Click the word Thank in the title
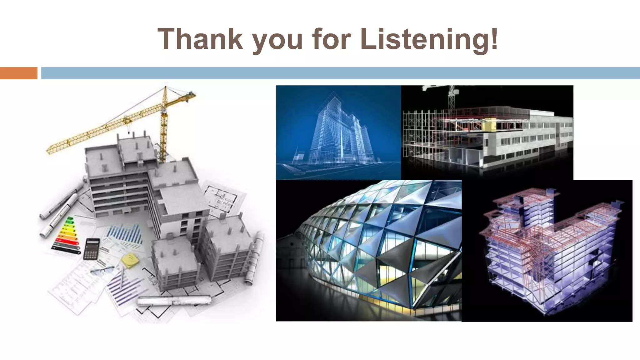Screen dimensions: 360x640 coord(200,39)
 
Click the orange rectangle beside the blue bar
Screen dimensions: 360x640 coord(18,73)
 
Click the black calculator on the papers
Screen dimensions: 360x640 coord(91,249)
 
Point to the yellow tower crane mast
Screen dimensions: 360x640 coord(163,131)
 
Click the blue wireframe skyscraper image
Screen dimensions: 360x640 coord(338,132)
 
